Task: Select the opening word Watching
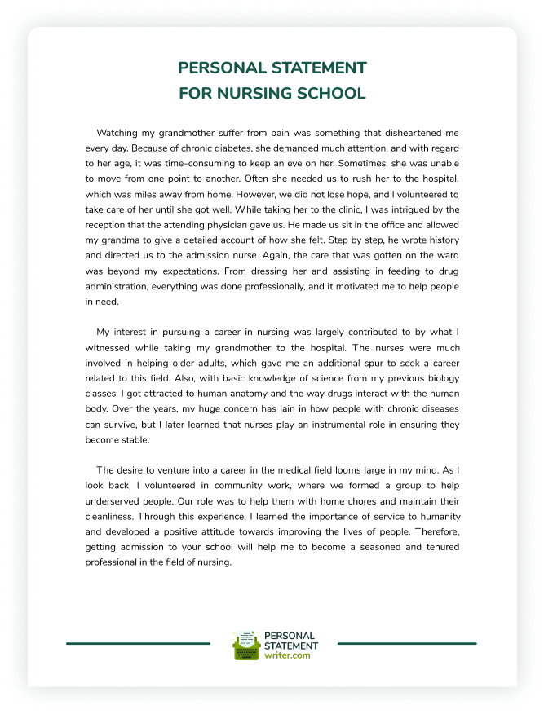117,132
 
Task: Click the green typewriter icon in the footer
246,646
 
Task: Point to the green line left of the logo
138,644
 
